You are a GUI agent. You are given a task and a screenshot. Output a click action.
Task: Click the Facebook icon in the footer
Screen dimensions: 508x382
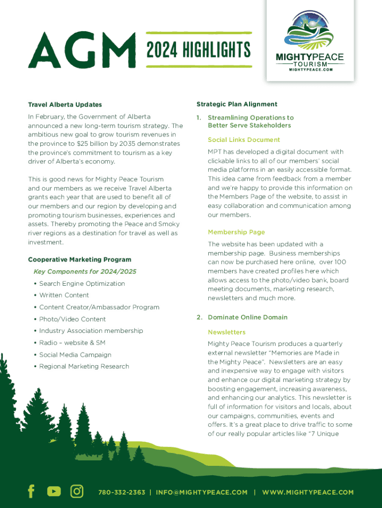click(31, 492)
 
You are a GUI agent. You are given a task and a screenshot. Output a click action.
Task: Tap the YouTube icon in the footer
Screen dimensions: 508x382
click(54, 492)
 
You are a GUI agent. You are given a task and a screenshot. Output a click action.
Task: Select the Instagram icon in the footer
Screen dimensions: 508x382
click(77, 492)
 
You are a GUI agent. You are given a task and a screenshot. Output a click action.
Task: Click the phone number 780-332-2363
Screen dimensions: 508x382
click(122, 492)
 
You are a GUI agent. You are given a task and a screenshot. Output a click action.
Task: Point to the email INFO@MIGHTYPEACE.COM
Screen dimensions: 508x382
click(201, 492)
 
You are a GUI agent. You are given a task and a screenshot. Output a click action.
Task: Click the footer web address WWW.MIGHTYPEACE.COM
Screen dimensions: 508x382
click(308, 492)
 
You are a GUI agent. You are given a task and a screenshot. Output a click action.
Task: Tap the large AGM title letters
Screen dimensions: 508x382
click(82, 50)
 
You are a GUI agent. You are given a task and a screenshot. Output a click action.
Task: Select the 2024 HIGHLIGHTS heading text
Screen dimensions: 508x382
click(198, 50)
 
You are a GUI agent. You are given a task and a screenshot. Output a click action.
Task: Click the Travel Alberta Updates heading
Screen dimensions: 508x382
click(65, 105)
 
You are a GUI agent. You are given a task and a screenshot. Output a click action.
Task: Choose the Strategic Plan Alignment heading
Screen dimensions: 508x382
click(237, 104)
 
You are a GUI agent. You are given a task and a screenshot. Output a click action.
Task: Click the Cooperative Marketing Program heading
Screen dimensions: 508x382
click(79, 259)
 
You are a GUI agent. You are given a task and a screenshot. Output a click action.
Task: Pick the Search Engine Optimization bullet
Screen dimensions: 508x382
click(82, 284)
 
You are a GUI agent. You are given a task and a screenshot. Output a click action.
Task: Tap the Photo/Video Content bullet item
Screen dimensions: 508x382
click(72, 319)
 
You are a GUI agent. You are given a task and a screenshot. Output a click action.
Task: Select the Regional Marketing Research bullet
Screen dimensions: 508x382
click(84, 367)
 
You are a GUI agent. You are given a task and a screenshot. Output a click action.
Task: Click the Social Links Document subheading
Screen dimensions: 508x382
click(244, 140)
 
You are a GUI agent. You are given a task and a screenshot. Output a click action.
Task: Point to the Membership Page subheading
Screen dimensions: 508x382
click(236, 232)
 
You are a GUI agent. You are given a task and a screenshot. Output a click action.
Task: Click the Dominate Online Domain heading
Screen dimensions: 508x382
click(248, 317)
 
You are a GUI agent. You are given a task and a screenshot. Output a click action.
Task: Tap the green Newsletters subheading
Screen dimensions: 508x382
click(227, 332)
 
